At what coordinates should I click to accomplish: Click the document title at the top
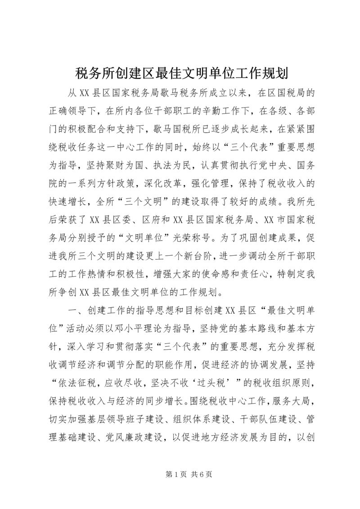(x=180, y=72)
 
